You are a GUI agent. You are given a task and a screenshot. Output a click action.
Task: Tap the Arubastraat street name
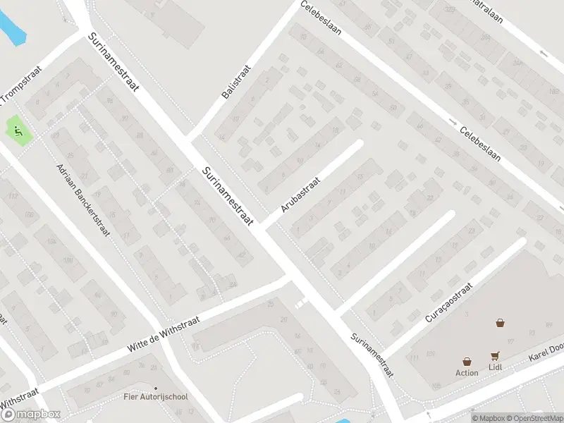[300, 195]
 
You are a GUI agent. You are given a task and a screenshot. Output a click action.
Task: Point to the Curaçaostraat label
[448, 301]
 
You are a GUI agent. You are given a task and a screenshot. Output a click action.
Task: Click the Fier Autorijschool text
[155, 397]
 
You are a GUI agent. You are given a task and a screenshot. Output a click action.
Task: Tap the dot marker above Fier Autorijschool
[155, 387]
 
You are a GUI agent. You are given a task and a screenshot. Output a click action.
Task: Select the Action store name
[467, 373]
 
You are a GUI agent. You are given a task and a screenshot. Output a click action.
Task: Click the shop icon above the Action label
[467, 361]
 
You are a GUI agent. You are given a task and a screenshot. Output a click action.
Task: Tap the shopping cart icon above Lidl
[495, 356]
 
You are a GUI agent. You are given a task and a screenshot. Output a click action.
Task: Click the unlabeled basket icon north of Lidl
[500, 323]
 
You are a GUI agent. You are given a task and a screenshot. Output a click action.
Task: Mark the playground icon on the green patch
[17, 130]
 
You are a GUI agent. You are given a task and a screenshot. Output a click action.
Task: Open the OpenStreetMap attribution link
[534, 418]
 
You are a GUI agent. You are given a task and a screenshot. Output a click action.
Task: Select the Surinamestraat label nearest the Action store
[372, 355]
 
